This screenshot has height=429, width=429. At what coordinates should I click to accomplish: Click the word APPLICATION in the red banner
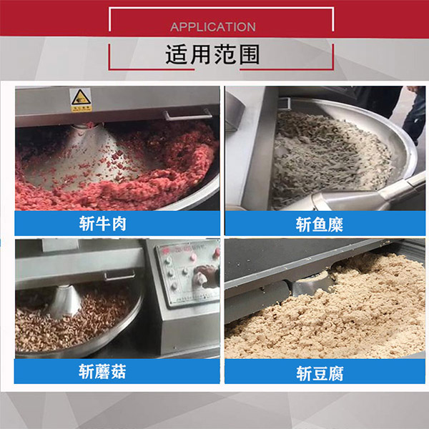212,27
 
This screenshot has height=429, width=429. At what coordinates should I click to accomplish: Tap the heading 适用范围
212,55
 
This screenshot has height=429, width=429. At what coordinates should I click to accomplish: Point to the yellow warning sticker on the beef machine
81,100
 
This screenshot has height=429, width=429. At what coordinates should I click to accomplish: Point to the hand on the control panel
207,275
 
